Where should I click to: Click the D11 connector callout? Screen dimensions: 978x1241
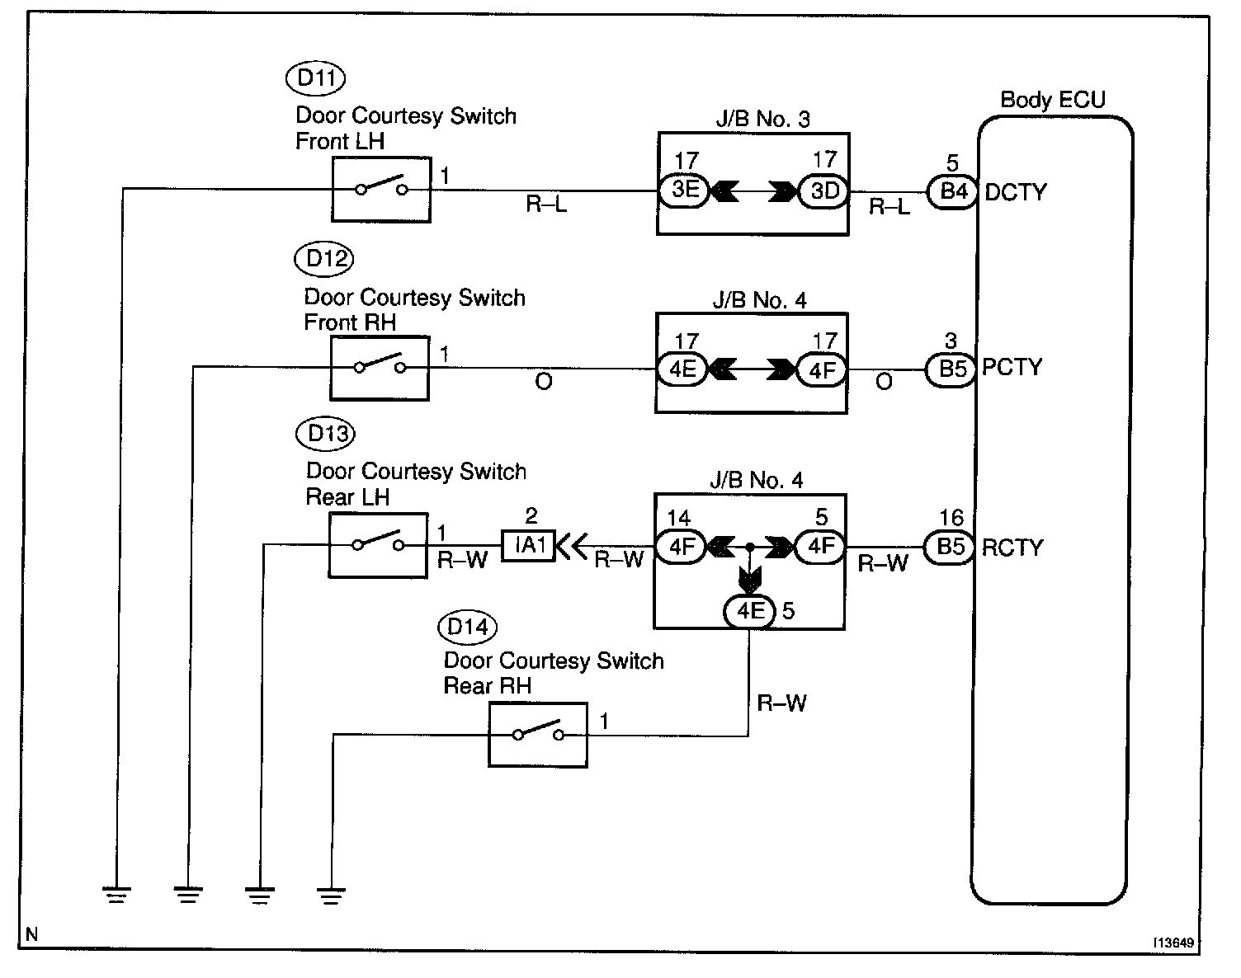coord(314,78)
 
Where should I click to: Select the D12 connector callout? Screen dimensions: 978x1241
coord(323,259)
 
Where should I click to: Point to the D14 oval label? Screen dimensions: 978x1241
coord(467,628)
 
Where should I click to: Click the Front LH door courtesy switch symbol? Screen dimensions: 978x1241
coord(381,190)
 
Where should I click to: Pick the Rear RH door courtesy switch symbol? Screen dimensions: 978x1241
coord(537,735)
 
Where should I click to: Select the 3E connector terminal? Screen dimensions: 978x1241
coord(685,191)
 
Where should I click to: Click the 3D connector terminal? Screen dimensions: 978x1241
coord(823,191)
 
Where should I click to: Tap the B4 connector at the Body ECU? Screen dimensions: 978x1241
coord(952,191)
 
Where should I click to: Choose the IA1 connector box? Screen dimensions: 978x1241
coord(529,545)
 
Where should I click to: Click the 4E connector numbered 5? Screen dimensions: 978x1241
coord(749,611)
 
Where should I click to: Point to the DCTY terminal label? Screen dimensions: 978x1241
coord(1015,192)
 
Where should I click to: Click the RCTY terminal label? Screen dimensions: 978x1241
coord(1012,548)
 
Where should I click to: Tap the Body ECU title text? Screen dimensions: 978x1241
coord(1052,100)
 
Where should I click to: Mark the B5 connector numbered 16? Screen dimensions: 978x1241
coord(951,548)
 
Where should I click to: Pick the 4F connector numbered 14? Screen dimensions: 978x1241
coord(682,547)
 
